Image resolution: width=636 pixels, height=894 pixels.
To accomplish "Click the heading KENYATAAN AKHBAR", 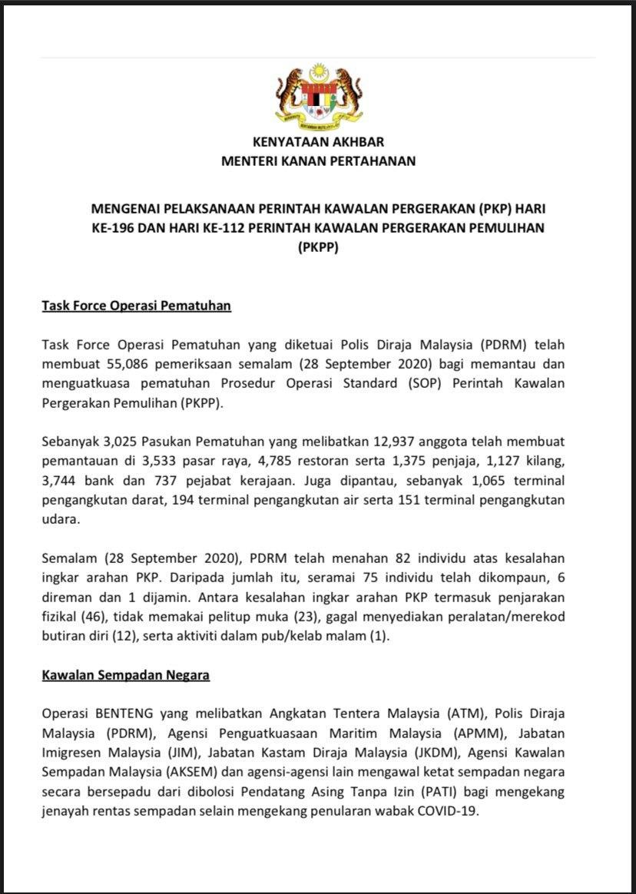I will tap(318, 142).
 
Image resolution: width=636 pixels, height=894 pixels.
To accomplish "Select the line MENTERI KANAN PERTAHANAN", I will tap(318, 161).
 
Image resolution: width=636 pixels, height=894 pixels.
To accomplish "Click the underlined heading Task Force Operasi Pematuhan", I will tap(136, 306).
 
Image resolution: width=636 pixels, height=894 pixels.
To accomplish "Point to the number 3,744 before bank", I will tap(58, 482).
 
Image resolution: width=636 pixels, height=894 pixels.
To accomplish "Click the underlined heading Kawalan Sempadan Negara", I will tap(125, 675).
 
